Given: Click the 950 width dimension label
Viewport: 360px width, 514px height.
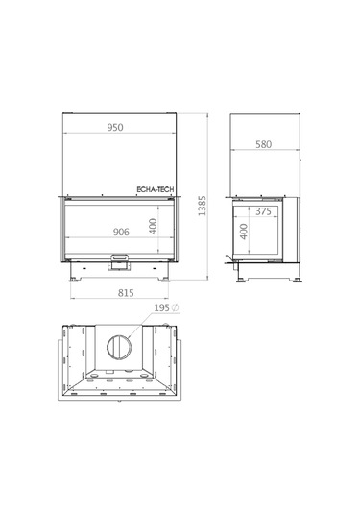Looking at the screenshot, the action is click(115, 127).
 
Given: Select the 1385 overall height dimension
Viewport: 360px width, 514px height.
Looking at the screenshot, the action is click(203, 206).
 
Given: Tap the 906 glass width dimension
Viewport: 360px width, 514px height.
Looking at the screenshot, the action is click(121, 232).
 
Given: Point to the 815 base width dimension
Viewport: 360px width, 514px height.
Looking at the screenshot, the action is click(126, 293).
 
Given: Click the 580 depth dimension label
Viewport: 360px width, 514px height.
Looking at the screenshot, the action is click(264, 144).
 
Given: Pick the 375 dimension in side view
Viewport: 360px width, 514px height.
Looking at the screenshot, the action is click(263, 211).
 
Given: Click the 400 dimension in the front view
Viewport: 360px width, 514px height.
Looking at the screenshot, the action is click(153, 226).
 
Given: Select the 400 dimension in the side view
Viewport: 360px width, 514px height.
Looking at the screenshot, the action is click(244, 232).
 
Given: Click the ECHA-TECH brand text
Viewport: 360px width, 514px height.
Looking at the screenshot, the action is click(156, 189).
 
